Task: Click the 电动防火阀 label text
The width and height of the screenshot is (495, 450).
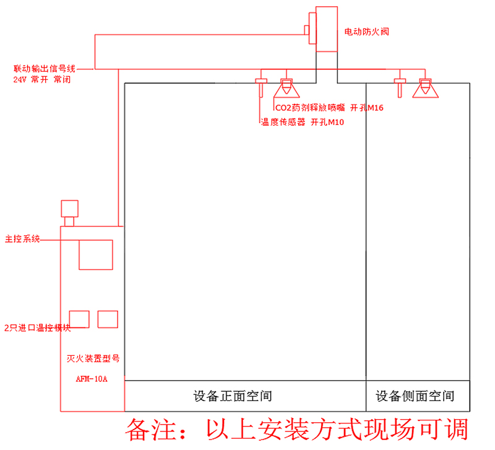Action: click(366, 31)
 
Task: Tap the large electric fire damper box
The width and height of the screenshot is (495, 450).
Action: click(326, 29)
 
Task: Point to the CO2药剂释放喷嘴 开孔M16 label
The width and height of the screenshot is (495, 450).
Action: click(329, 108)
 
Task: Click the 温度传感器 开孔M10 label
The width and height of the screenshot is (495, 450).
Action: click(302, 123)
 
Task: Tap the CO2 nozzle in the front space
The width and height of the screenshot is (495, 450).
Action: click(286, 89)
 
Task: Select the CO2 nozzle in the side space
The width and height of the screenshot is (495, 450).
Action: click(425, 89)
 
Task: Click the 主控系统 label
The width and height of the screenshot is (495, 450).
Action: click(22, 238)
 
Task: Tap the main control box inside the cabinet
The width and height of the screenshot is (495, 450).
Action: click(95, 254)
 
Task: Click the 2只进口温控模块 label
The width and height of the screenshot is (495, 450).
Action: click(37, 328)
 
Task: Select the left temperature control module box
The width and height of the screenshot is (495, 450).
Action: click(79, 319)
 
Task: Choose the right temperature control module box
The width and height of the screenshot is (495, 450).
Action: click(108, 319)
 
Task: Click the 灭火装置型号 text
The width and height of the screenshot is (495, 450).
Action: click(92, 358)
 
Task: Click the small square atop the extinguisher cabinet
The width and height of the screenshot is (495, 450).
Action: click(69, 208)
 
